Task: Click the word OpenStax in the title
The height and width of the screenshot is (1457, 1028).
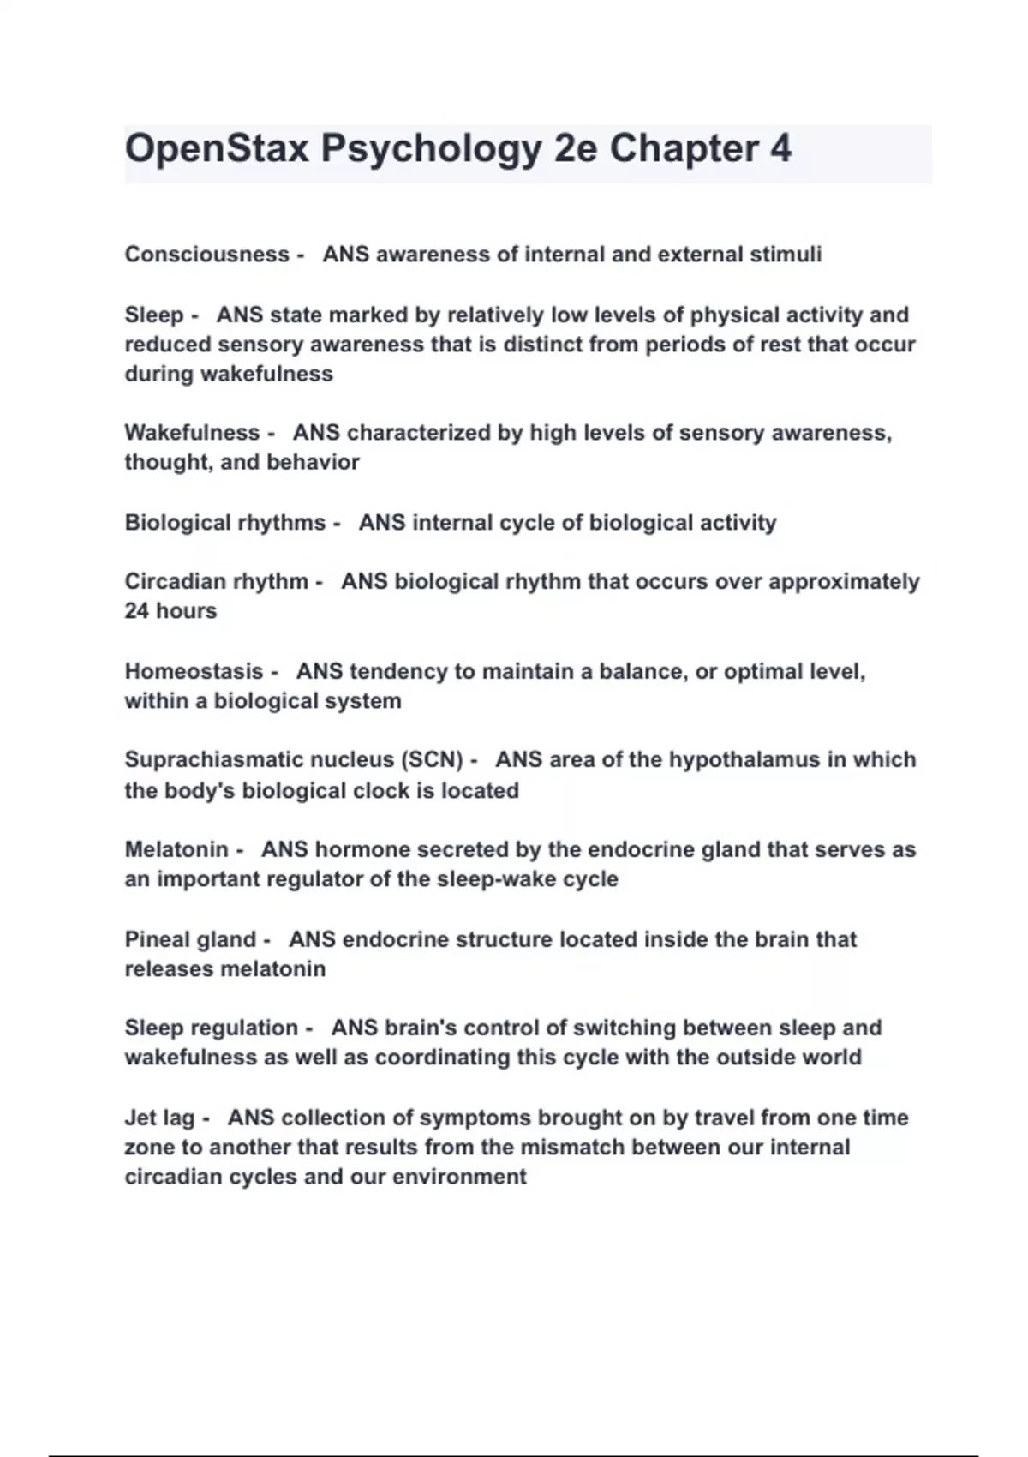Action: click(x=217, y=149)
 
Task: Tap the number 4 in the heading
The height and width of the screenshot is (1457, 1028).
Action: click(x=780, y=149)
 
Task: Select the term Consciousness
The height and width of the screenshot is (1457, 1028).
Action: click(x=206, y=255)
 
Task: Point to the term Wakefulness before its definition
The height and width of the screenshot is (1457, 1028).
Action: click(x=192, y=433)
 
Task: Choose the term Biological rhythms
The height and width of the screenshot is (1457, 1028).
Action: click(x=225, y=523)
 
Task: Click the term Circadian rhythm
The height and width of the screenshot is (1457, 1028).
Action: click(x=216, y=582)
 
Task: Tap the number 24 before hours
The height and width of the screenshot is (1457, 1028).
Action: click(x=137, y=611)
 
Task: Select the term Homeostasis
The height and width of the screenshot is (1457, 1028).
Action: click(x=194, y=672)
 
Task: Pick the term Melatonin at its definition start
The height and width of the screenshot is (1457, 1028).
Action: click(x=176, y=850)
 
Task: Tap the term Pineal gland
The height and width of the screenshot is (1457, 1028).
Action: click(x=190, y=940)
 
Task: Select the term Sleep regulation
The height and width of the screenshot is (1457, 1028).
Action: click(x=211, y=1028)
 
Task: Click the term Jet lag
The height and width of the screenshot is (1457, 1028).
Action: click(x=159, y=1118)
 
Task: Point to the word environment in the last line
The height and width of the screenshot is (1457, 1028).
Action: click(x=459, y=1177)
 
